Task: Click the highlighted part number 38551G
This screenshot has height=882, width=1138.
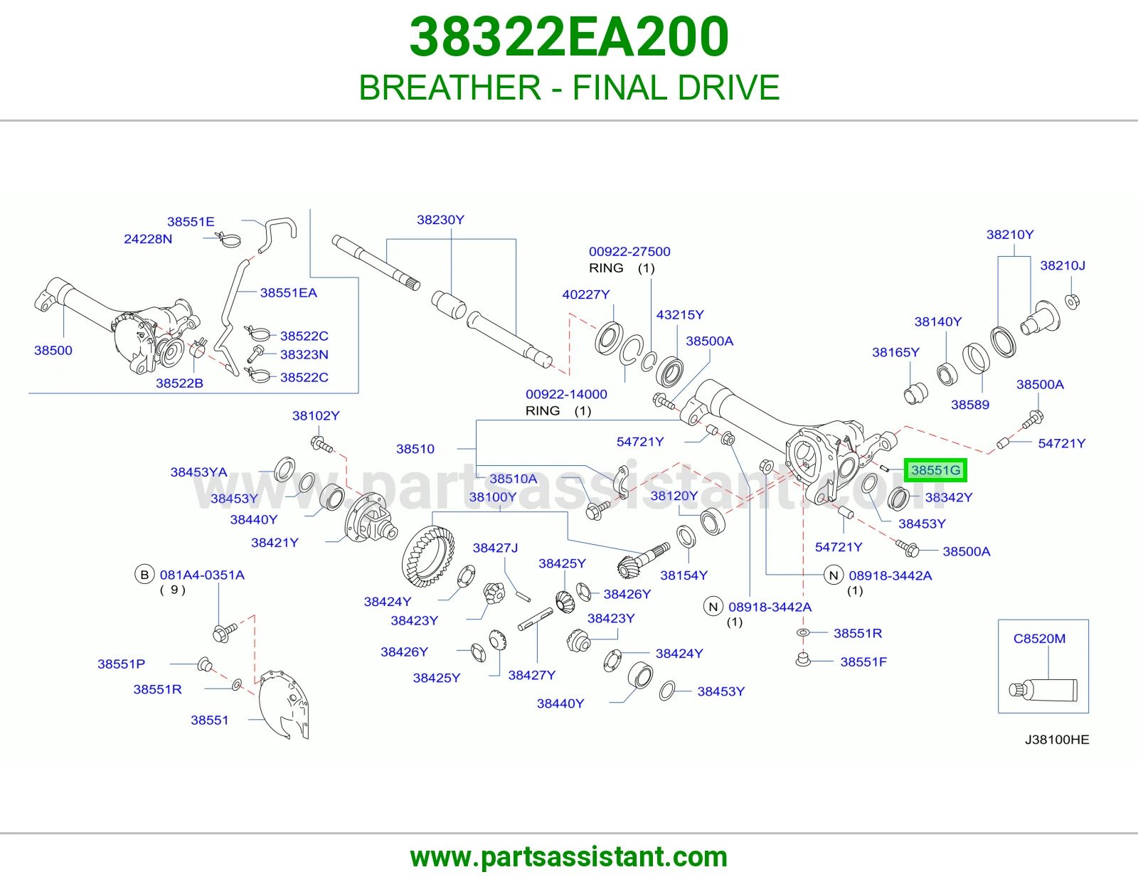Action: (935, 470)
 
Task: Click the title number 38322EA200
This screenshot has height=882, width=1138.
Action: (569, 37)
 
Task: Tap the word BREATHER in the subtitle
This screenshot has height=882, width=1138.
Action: (450, 87)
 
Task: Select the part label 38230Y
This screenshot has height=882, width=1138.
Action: (440, 220)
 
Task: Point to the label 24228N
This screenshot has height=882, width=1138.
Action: (148, 239)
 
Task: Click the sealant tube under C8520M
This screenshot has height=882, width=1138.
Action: (1043, 690)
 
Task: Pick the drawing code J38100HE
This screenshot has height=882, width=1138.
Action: (1057, 740)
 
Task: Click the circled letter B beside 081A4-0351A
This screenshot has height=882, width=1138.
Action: (144, 575)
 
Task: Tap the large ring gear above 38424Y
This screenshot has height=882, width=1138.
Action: (428, 557)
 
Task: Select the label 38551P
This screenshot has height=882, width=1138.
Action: (121, 664)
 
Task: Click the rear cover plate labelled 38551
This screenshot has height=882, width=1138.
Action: (284, 704)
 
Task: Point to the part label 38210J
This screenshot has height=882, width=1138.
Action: (1063, 265)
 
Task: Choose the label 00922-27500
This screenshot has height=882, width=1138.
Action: (629, 251)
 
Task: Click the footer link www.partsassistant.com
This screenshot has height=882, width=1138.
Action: (569, 857)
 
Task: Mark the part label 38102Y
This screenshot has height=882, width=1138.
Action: (316, 415)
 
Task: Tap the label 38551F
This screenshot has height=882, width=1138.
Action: (863, 661)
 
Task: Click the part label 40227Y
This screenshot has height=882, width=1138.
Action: (586, 294)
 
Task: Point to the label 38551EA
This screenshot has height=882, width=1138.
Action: (289, 293)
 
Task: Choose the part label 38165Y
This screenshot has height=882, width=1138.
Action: (895, 352)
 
